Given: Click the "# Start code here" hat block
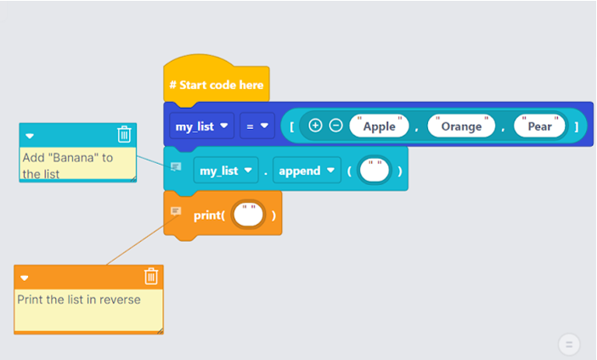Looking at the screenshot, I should click(x=216, y=85).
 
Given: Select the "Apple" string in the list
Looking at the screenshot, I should click(x=379, y=127).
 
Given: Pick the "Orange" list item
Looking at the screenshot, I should click(x=461, y=127).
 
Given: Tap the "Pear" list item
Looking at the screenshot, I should click(x=539, y=127).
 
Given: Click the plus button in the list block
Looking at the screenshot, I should click(x=315, y=126).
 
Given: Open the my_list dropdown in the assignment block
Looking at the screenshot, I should click(x=201, y=127).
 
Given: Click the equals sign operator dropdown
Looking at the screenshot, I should click(x=256, y=127).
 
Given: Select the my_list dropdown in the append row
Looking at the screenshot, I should click(x=225, y=171).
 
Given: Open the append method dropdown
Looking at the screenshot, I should click(x=306, y=171).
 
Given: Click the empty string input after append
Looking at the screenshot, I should click(x=374, y=171).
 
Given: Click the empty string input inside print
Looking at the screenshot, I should click(x=249, y=216).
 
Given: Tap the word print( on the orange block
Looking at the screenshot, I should click(x=209, y=216).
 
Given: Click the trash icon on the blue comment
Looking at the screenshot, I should click(x=124, y=134).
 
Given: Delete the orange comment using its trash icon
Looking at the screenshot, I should click(x=150, y=277).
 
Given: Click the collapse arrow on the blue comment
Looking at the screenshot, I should click(x=30, y=135).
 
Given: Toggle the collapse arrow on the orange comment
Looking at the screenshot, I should click(x=25, y=278).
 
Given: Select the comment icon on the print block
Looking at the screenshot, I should click(x=176, y=211).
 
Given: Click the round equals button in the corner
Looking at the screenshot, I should click(x=569, y=344).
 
